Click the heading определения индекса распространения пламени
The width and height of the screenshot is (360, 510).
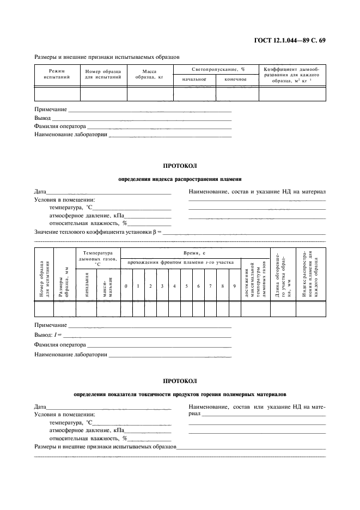pos(180,178)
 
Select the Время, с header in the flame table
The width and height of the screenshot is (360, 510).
pos(194,253)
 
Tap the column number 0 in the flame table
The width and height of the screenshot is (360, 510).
pos(126,286)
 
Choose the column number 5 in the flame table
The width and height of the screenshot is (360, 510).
pos(186,286)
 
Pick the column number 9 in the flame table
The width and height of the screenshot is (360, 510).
pos(234,286)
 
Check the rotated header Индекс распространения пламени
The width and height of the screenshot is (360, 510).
pos(310,275)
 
